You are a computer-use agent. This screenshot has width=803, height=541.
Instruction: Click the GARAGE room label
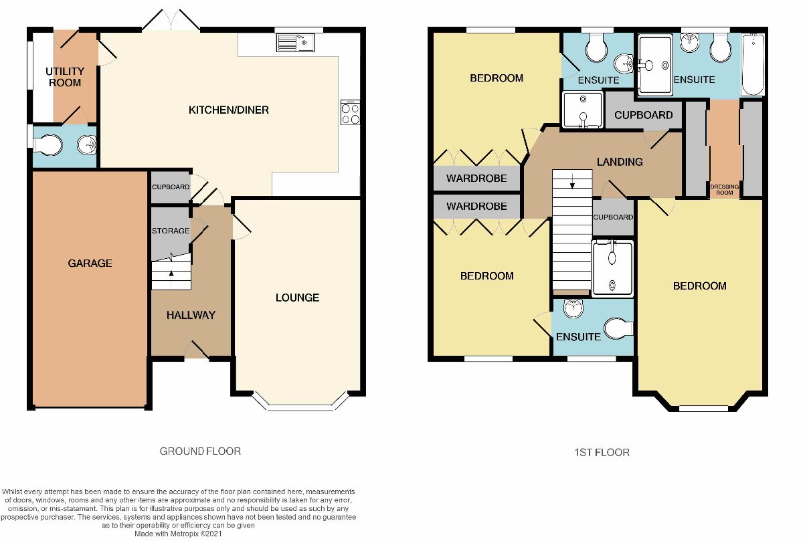(x=90, y=263)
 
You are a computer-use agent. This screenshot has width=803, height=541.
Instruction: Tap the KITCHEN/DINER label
(x=229, y=110)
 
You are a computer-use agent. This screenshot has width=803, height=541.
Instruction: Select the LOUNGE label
(x=297, y=298)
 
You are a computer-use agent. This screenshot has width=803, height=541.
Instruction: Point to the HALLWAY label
(x=191, y=315)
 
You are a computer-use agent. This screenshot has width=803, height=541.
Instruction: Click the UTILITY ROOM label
(x=65, y=77)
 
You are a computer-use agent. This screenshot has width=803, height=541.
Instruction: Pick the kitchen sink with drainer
(x=295, y=42)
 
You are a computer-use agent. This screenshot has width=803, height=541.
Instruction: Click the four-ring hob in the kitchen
(x=350, y=112)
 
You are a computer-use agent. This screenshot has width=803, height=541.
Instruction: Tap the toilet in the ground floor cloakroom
(x=48, y=145)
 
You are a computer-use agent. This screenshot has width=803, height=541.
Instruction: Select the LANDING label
(x=620, y=162)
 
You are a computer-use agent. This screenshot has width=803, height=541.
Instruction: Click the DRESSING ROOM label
(x=724, y=189)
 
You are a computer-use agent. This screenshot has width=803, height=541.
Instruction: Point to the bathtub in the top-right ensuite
(x=753, y=64)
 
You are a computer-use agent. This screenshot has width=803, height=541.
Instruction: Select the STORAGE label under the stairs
(x=171, y=231)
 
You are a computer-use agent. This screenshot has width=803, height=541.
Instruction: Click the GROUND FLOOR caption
(x=200, y=451)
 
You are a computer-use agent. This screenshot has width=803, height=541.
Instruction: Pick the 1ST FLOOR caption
(x=602, y=453)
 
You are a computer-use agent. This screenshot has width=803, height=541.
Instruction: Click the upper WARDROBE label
(x=476, y=178)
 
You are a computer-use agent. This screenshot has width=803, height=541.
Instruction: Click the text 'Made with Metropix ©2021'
(x=178, y=534)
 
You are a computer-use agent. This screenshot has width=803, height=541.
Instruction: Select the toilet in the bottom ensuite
(x=618, y=328)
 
